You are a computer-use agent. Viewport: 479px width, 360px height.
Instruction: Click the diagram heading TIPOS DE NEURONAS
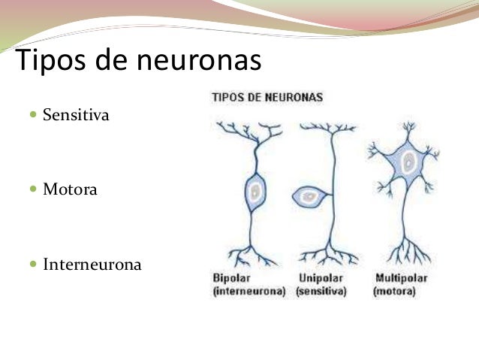coord(268,98)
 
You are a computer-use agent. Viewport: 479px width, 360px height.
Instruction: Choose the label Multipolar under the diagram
coord(402,278)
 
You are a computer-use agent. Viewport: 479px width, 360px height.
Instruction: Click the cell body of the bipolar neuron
coord(255,194)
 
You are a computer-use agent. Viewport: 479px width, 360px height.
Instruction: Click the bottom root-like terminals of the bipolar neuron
coord(255,254)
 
